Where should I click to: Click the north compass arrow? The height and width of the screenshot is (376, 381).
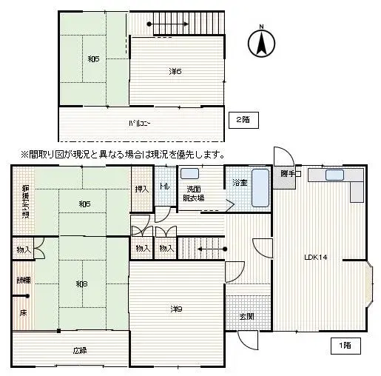tap(260, 42)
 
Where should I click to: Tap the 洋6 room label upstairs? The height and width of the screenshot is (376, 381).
tap(175, 71)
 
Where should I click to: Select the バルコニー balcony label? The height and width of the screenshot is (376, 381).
tap(140, 123)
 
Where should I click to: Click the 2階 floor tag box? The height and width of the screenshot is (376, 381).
tap(243, 119)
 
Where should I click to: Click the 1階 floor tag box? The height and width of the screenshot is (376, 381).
tap(345, 345)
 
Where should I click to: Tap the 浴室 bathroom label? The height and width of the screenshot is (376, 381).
tap(240, 182)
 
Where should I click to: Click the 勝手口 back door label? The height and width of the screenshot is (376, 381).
tap(290, 174)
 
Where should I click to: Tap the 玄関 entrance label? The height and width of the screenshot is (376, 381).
tap(246, 317)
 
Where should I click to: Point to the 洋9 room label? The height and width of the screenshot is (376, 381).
tap(175, 309)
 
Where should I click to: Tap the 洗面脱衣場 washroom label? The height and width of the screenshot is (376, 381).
tap(195, 193)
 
